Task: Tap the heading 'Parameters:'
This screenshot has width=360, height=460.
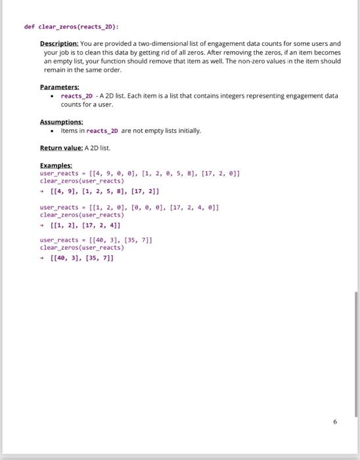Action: click(x=59, y=87)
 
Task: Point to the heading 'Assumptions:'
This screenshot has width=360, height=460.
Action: click(x=61, y=122)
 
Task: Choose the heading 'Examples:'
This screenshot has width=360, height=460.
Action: click(x=56, y=166)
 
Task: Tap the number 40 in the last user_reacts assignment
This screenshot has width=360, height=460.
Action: click(x=97, y=241)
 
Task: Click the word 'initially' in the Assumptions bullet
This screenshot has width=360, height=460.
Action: click(x=187, y=131)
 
